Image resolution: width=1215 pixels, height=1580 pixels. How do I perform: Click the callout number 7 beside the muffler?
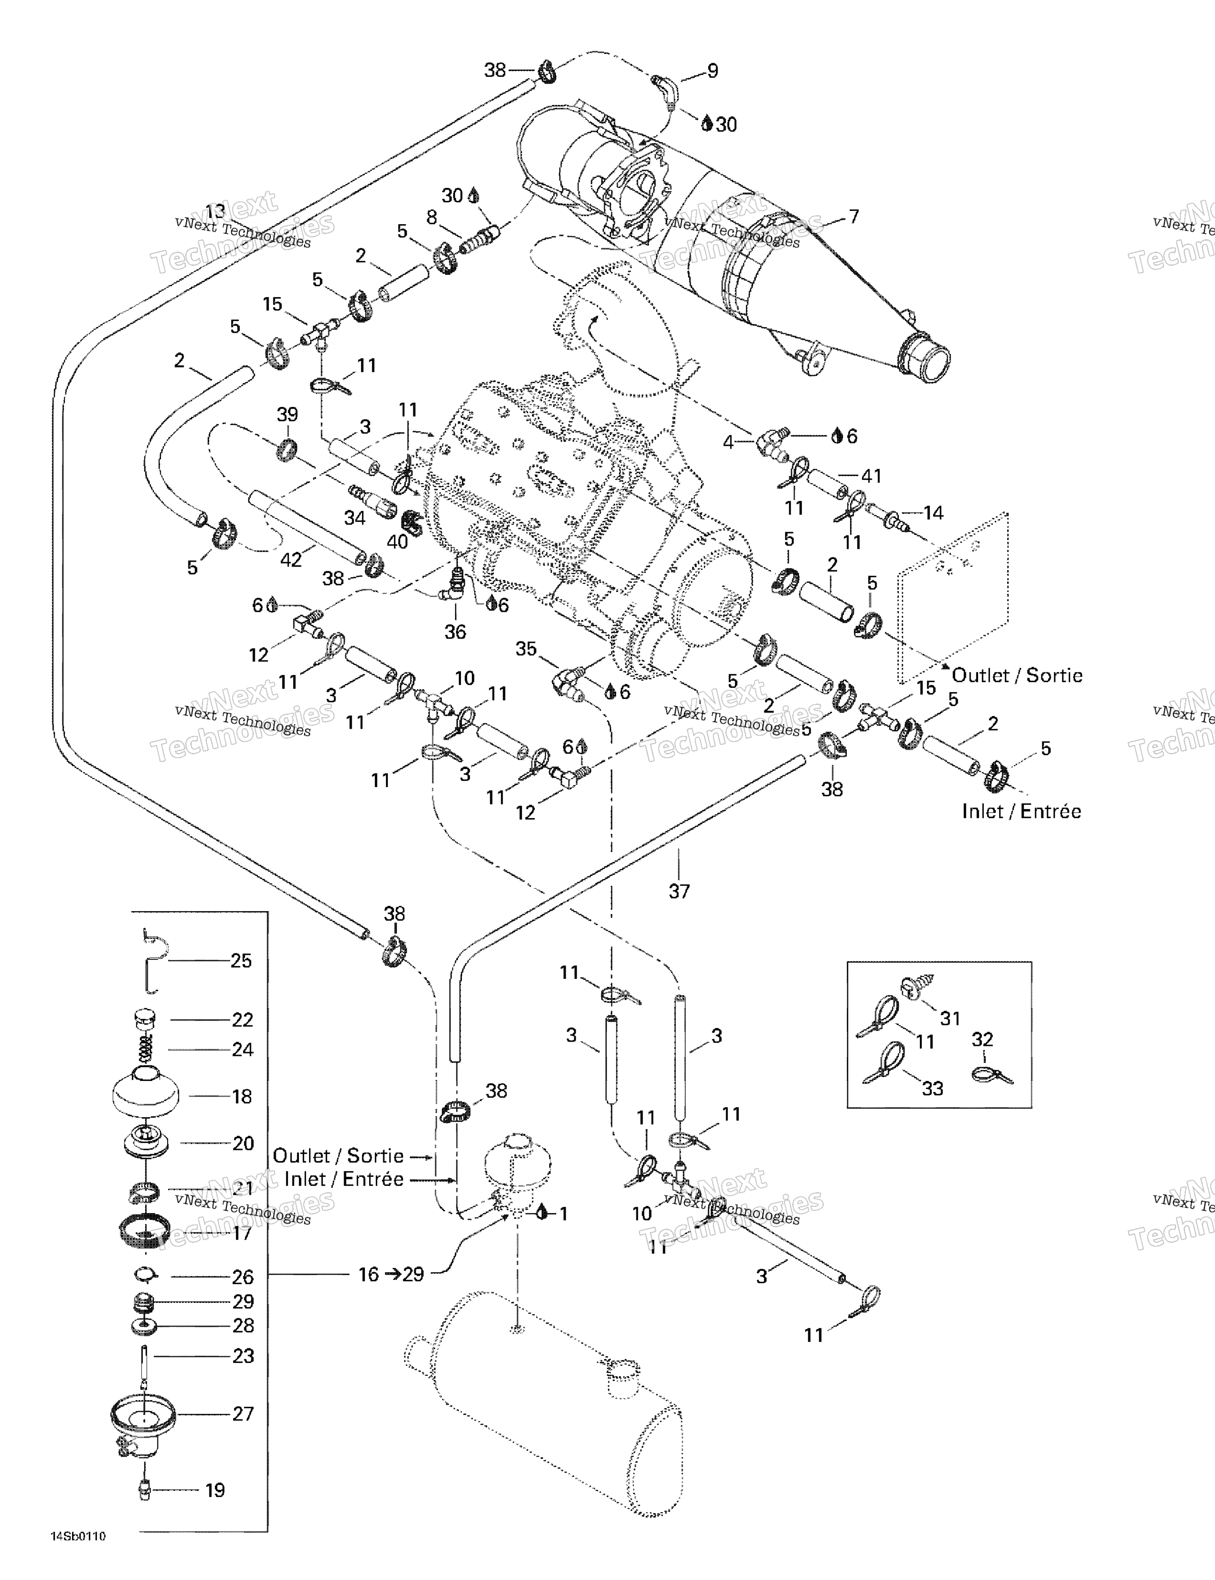[x=854, y=216]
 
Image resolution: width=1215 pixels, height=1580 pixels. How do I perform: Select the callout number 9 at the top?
[x=712, y=71]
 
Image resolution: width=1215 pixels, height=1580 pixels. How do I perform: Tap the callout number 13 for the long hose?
[x=215, y=211]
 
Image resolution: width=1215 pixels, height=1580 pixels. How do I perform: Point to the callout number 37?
[x=679, y=891]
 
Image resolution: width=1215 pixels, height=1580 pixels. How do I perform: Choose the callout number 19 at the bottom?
[x=215, y=1490]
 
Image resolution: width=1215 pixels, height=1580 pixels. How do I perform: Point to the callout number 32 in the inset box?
[x=982, y=1040]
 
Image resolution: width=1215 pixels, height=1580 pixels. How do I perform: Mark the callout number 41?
[x=871, y=476]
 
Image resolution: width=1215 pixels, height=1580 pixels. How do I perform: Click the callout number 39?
[x=287, y=414]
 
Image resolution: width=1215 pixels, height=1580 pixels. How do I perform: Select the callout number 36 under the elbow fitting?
[x=455, y=631]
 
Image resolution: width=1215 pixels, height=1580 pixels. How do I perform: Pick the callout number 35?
[x=526, y=648]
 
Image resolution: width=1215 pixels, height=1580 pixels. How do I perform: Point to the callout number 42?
[x=291, y=559]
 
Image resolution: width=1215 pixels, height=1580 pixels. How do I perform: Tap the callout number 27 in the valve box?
[x=243, y=1414]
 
